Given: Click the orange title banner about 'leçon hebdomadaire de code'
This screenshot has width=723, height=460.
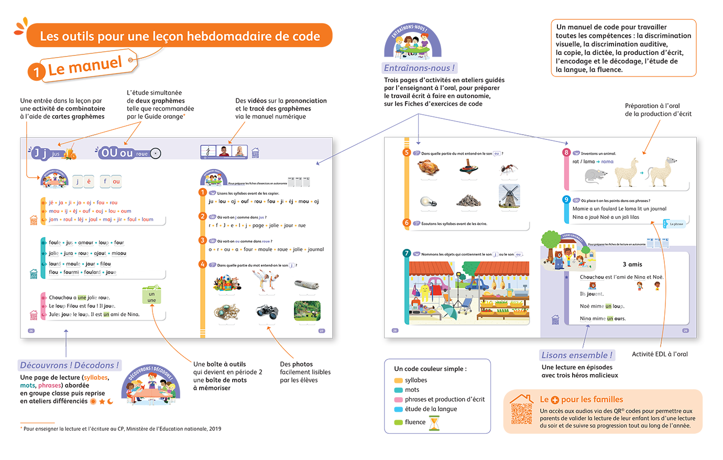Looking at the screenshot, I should point(179,36).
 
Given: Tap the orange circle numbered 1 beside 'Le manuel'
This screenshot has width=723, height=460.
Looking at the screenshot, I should point(36,72).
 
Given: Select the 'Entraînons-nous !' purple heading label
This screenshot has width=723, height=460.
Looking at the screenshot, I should point(420,68).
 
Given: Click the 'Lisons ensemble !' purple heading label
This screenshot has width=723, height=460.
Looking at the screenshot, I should point(576,355).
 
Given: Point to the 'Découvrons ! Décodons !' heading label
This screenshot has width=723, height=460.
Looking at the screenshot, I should point(70,365).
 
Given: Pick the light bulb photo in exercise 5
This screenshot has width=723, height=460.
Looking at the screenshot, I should point(428,202).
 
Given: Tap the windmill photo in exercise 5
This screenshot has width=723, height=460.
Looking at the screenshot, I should point(509,196).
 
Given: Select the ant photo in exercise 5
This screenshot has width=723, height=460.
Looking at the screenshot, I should point(508,168).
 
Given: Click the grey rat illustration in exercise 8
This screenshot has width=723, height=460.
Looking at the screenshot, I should point(596,176).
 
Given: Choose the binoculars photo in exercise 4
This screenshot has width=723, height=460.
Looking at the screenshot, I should point(267,312).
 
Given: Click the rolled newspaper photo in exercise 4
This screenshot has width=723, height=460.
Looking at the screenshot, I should point(306,284).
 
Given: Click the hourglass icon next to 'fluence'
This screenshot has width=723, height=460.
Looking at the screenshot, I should point(434,422).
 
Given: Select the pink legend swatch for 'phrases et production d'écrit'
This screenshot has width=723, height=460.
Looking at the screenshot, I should point(398,400).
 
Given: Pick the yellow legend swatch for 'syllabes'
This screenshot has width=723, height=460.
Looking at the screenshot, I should point(398,380).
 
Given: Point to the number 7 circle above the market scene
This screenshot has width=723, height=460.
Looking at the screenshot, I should point(407,253).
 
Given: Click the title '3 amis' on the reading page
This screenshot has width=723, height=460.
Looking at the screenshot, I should point(632,264).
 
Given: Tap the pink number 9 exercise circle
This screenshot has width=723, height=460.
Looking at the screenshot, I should point(566,200).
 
